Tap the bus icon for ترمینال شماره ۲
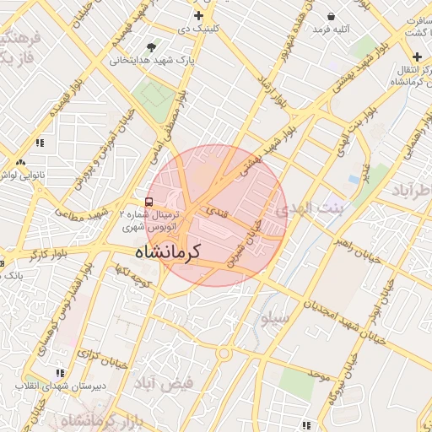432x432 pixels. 149,202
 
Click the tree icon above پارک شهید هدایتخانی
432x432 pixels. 151,47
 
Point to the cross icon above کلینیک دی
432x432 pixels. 198,16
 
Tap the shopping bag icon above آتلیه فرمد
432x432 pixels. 331,16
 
